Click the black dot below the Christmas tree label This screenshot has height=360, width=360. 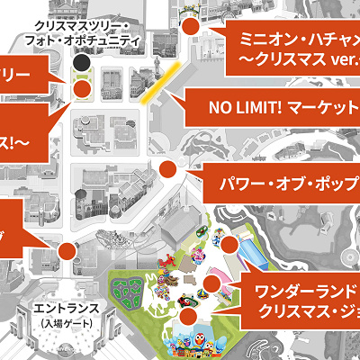[x=82, y=64]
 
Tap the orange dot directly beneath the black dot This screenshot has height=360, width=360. [x=82, y=88]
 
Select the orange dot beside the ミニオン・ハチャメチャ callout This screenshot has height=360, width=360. [x=190, y=29]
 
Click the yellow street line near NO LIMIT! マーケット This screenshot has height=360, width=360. [x=157, y=90]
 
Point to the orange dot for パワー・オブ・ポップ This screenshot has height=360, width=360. [x=167, y=169]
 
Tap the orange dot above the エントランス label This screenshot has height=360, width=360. [x=68, y=251]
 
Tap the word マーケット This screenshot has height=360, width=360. [x=322, y=109]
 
